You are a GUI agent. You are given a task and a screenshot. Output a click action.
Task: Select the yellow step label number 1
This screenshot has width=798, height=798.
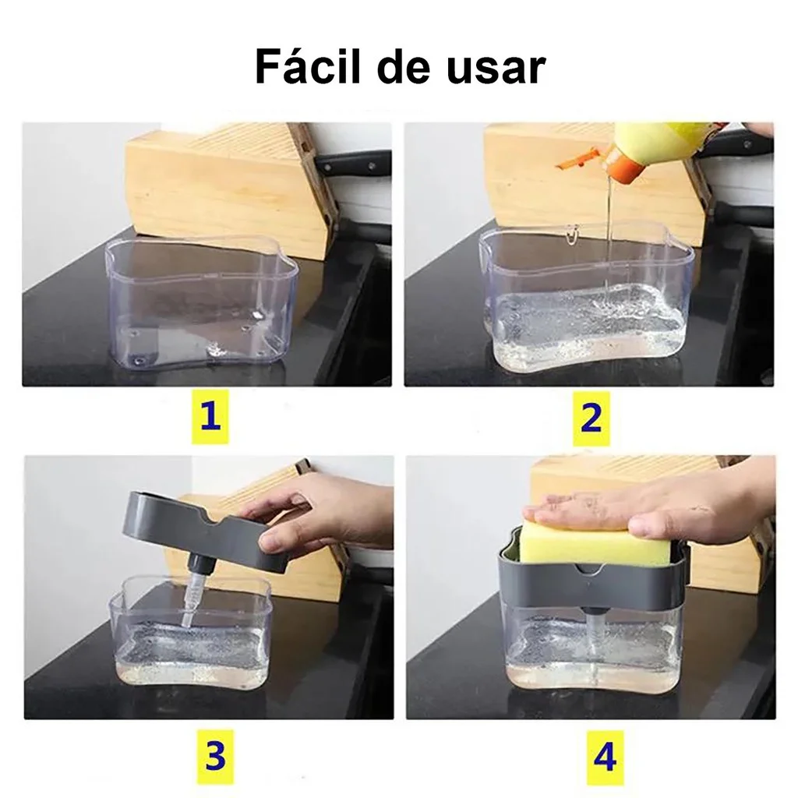pos(210,418)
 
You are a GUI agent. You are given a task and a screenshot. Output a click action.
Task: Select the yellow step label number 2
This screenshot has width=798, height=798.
pos(591,418)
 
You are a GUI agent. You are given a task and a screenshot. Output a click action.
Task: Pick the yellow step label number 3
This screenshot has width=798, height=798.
pos(214,755)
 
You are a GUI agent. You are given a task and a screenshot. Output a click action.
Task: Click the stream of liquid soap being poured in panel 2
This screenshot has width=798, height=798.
pos(606,234)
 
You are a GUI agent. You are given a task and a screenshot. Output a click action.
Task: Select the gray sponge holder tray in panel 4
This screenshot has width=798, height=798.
pos(592,584)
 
